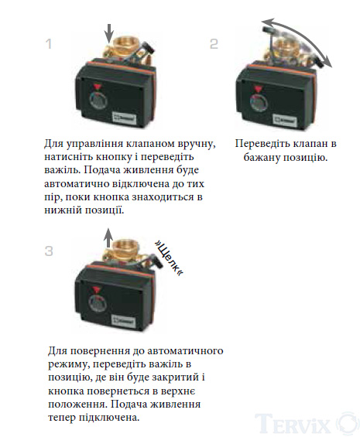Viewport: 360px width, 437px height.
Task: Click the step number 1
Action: pyautogui.click(x=49, y=44)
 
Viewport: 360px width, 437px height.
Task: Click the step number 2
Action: pyautogui.click(x=214, y=44)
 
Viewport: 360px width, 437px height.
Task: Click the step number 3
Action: pyautogui.click(x=49, y=251)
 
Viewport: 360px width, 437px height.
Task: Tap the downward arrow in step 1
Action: pyautogui.click(x=109, y=33)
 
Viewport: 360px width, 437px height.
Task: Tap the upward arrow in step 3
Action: pyautogui.click(x=108, y=237)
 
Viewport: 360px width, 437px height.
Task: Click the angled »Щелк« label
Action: pyautogui.click(x=169, y=258)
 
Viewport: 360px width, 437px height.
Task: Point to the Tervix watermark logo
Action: pyautogui.click(x=307, y=423)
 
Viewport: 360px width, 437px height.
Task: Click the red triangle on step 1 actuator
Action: pyautogui.click(x=98, y=87)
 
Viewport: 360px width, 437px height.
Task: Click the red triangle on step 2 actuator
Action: pyautogui.click(x=257, y=90)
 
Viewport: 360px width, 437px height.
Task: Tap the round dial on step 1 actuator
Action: pyautogui.click(x=98, y=101)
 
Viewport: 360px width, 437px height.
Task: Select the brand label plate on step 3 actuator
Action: pyautogui.click(x=123, y=320)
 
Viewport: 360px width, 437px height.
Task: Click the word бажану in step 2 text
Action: pyautogui.click(x=262, y=158)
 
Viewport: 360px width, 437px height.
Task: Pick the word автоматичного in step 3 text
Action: pyautogui.click(x=185, y=350)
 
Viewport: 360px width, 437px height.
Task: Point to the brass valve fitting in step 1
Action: pyautogui.click(x=123, y=48)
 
